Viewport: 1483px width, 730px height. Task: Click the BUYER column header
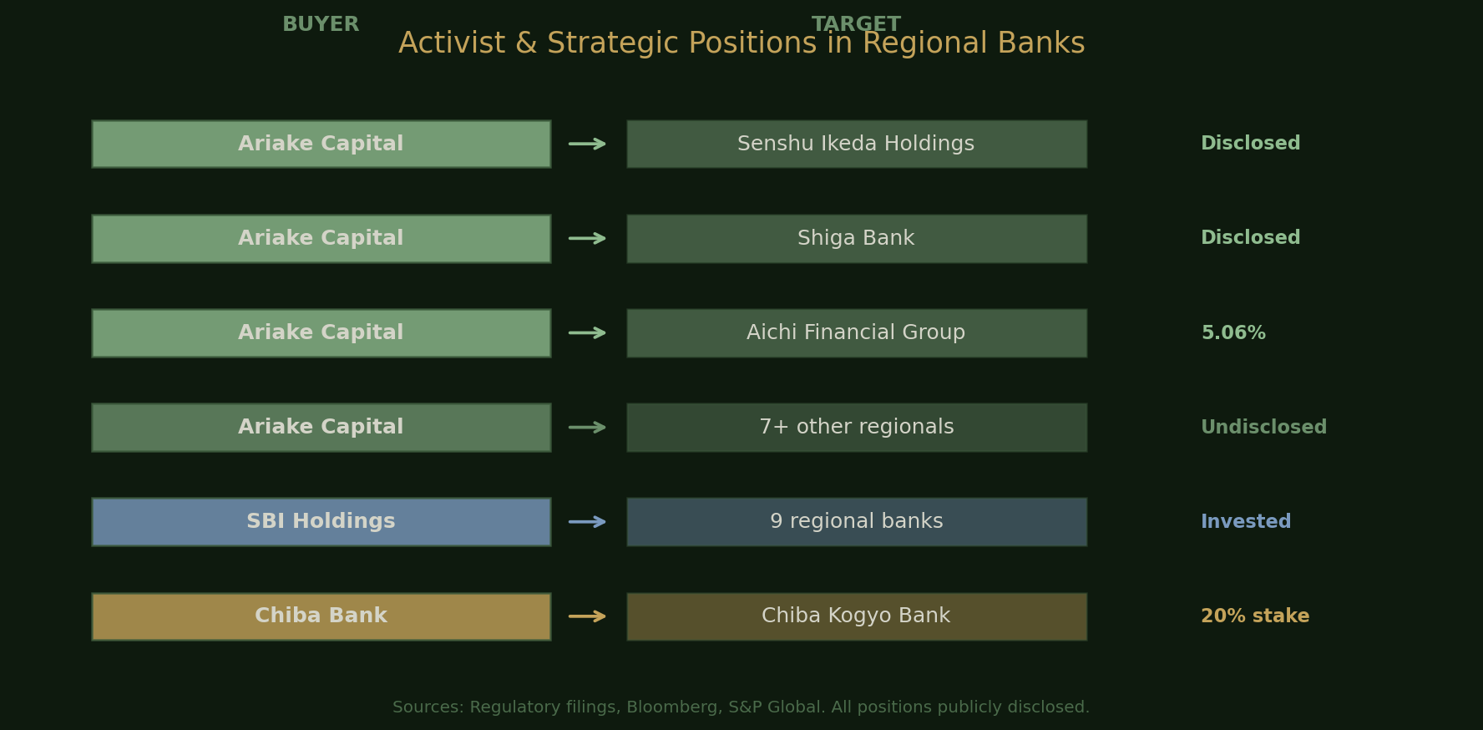coord(321,25)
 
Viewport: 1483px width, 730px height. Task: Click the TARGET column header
coord(856,24)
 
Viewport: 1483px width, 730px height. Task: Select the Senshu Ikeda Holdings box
coord(856,144)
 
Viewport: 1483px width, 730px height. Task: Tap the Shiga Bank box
coord(856,238)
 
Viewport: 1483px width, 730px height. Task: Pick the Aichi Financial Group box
coord(856,332)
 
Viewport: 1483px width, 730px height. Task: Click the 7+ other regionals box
coord(856,427)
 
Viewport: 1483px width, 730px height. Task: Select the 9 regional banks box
coord(856,521)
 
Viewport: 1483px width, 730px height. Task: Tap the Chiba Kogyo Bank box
coord(856,616)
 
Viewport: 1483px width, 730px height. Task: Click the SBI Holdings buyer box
coord(321,521)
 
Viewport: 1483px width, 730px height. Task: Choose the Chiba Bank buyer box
coord(321,616)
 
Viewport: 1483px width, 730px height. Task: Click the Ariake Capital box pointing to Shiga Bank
coord(321,238)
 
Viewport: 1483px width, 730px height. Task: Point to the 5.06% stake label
coord(1232,333)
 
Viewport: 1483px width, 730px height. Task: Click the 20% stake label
coord(1254,616)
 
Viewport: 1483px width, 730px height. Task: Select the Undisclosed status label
coord(1263,428)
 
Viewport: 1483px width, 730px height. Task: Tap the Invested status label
coord(1245,522)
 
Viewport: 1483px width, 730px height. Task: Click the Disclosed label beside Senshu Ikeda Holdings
coord(1249,144)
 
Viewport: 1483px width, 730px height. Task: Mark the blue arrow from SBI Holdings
coord(588,522)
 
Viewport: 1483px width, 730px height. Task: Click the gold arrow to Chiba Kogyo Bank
coord(588,616)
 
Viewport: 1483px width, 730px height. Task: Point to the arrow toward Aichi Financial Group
coord(588,333)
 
